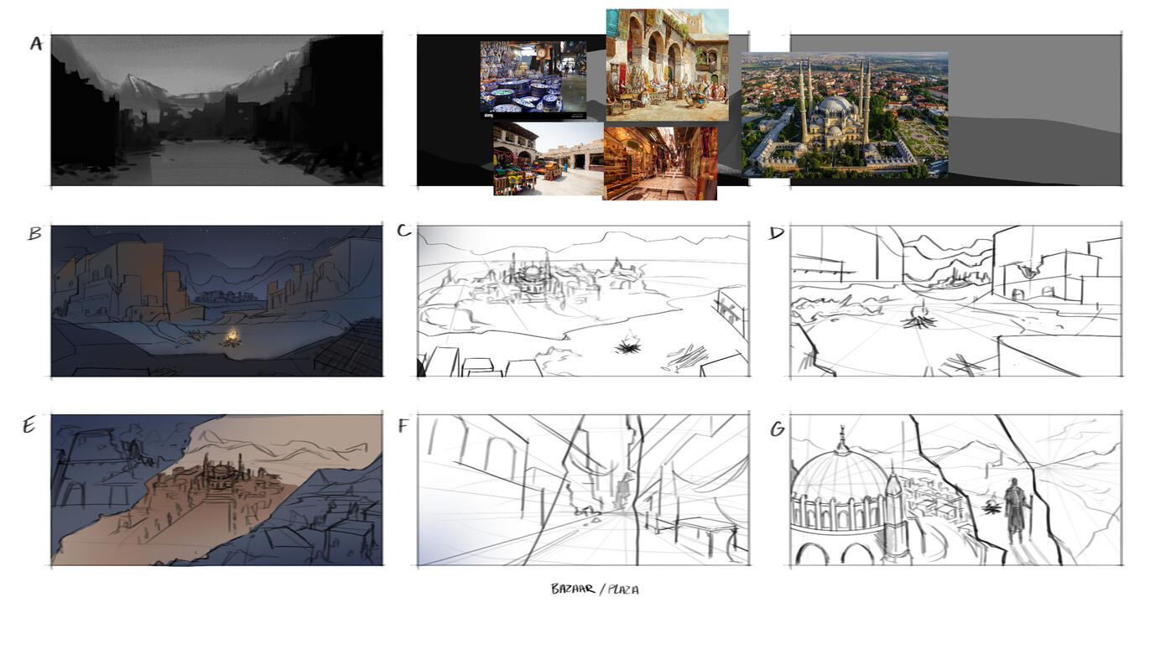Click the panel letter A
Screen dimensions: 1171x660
pyautogui.click(x=36, y=44)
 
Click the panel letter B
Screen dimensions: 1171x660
pyautogui.click(x=35, y=233)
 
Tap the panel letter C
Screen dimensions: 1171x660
pyautogui.click(x=404, y=231)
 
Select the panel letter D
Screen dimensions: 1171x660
pyautogui.click(x=776, y=233)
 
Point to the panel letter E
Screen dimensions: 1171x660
pyautogui.click(x=29, y=426)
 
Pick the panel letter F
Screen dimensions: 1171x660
pyautogui.click(x=403, y=426)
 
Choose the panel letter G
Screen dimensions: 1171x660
pyautogui.click(x=778, y=429)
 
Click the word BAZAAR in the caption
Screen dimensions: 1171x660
pyautogui.click(x=573, y=589)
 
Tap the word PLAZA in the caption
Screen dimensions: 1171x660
pyautogui.click(x=623, y=590)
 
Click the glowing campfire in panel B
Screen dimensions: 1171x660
pyautogui.click(x=232, y=338)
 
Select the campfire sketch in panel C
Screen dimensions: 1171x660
pyautogui.click(x=627, y=345)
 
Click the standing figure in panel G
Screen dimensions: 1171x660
pyautogui.click(x=1014, y=511)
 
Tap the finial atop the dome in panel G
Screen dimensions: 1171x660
pyautogui.click(x=841, y=438)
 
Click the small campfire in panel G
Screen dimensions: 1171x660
pyautogui.click(x=990, y=506)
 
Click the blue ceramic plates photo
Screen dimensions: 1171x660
pyautogui.click(x=533, y=81)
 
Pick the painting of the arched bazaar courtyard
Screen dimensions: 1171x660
pyautogui.click(x=667, y=65)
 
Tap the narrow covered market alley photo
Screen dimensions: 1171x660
pyautogui.click(x=659, y=163)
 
